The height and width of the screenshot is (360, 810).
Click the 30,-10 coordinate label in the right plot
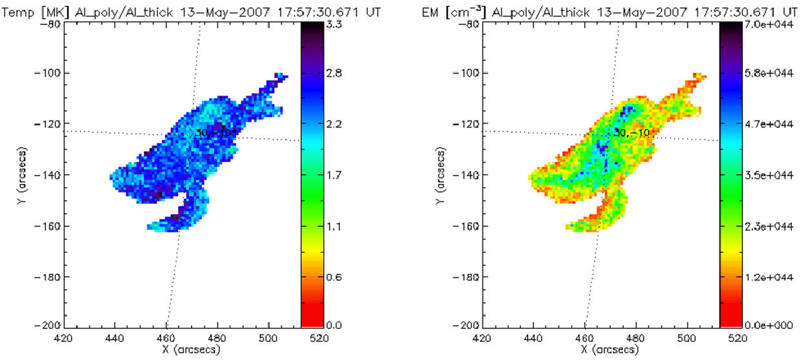click(627, 132)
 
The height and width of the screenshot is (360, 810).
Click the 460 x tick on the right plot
click(584, 337)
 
